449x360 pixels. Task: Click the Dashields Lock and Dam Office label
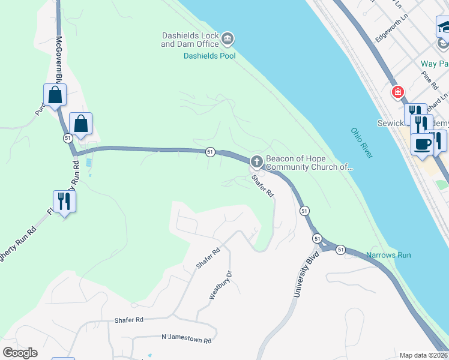point(189,40)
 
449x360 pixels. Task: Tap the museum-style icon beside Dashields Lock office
point(228,40)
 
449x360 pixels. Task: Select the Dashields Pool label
point(209,56)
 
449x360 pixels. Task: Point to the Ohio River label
point(362,143)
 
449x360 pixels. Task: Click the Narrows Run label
point(388,255)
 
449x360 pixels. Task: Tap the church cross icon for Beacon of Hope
point(256,161)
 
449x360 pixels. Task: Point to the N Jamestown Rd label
point(187,340)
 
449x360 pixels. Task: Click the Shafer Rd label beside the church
point(262,186)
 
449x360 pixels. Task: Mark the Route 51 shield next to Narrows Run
point(340,250)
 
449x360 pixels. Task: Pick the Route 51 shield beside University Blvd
point(304,211)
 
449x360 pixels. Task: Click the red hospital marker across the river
point(397,92)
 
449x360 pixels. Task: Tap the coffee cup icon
point(422,144)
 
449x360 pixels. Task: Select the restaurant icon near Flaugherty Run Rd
point(64,201)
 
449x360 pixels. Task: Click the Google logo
point(20,353)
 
